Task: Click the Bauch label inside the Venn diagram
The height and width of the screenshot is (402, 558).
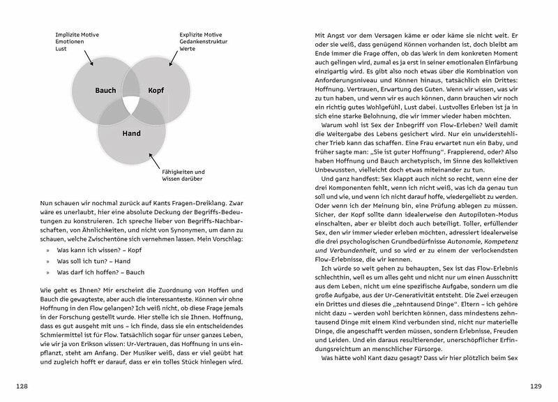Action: coord(106,91)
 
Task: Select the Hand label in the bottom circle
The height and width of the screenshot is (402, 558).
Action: coord(131,133)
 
